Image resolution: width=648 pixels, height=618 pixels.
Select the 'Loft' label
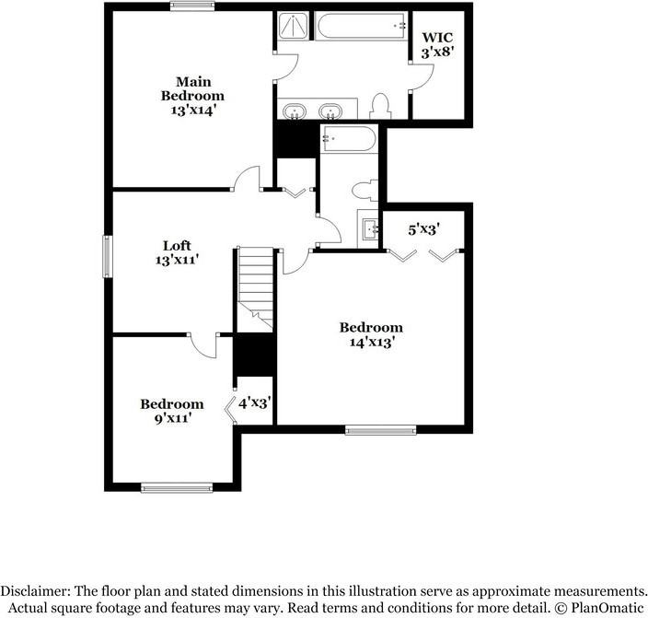177,245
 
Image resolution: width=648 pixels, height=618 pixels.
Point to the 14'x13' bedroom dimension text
371,343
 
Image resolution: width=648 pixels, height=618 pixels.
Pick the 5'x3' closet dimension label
423,228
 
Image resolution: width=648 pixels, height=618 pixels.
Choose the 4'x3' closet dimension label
254,403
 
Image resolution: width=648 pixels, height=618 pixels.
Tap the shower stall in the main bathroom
292,28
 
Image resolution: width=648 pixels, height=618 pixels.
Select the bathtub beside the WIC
361,27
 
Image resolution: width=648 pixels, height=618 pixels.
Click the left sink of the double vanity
295,111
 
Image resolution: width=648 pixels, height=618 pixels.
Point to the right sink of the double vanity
330,111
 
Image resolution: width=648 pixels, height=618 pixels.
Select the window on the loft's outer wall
107,256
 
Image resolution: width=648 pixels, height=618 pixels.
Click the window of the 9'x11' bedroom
172,487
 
